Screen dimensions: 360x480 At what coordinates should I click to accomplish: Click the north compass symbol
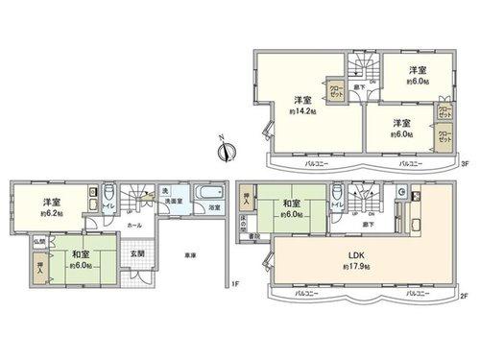pos(223,152)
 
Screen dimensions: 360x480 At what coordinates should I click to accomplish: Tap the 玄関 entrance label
pos(137,254)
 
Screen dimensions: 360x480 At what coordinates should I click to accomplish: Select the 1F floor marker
pos(233,283)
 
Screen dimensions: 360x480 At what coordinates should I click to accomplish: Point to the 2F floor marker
pos(464,296)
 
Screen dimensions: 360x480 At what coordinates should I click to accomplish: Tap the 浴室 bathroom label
pos(215,207)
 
